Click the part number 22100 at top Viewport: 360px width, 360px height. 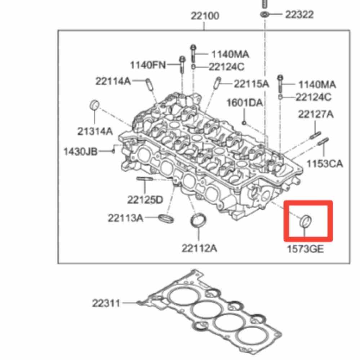(x=205, y=16)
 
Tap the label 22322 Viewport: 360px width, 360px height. (x=299, y=14)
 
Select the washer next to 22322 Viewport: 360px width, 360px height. (x=264, y=14)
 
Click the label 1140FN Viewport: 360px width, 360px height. (x=148, y=65)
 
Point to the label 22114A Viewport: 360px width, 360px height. (x=113, y=81)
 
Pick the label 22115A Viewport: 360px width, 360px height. (x=252, y=84)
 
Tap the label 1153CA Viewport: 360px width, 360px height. (x=325, y=164)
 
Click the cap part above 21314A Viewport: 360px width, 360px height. (x=94, y=105)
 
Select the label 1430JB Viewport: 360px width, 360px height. (x=81, y=151)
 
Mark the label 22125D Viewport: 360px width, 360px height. (x=145, y=199)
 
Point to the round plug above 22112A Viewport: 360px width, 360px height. (x=199, y=221)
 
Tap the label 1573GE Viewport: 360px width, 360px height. (x=305, y=249)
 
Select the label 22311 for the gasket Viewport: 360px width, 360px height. (x=106, y=303)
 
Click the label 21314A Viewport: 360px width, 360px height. (x=95, y=132)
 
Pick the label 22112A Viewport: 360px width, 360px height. (x=199, y=248)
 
